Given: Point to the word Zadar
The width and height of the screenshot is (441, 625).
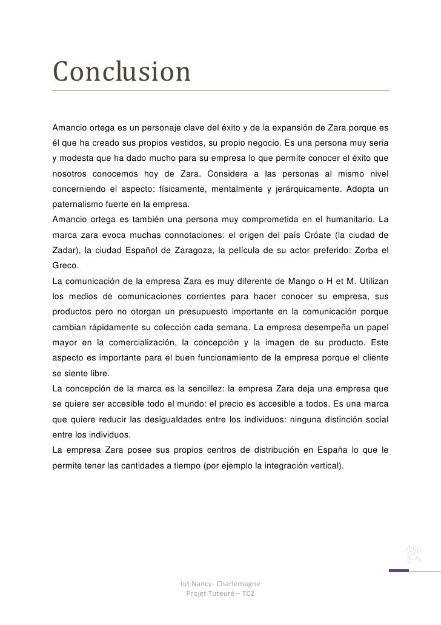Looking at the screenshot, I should click(x=65, y=250).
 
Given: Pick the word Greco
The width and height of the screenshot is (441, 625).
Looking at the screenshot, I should click(x=65, y=265).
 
